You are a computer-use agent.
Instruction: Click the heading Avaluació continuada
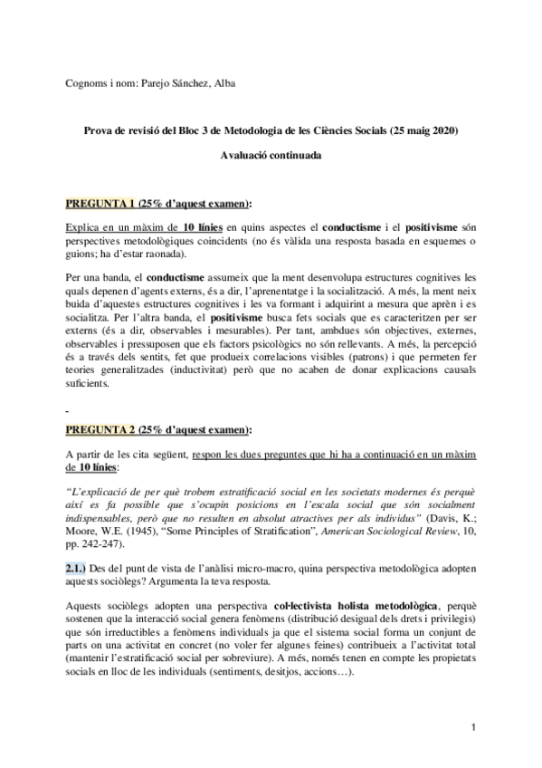click(271, 155)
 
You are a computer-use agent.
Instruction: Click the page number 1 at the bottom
click(474, 727)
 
